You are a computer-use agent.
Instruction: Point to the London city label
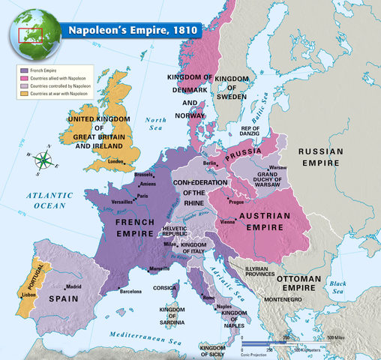[116, 161]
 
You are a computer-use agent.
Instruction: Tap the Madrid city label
[73, 286]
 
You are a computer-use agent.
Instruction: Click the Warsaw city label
[278, 167]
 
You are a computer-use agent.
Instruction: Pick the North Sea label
[155, 124]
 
